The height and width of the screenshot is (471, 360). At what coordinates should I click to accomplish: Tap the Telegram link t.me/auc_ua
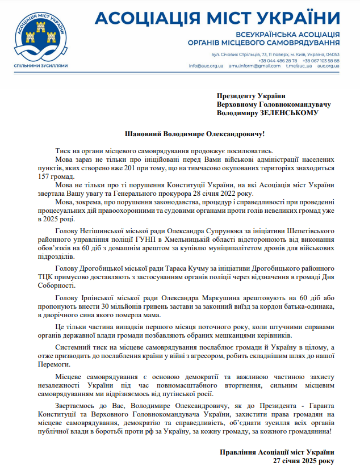299,66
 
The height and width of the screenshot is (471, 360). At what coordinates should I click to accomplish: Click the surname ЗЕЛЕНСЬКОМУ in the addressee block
290,113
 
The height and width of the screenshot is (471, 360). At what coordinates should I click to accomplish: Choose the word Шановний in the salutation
144,134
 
